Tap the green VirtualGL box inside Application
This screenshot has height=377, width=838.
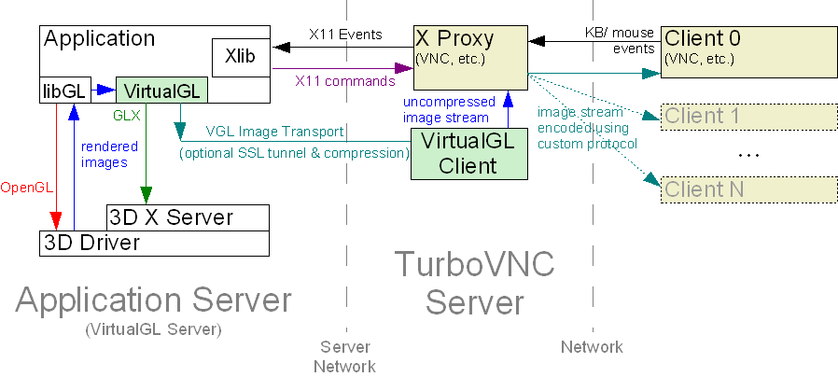point(161,91)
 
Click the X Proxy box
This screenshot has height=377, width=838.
point(470,52)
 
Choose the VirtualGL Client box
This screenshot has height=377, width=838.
point(470,152)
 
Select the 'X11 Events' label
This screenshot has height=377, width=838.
point(345,35)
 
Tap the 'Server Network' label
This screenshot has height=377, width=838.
point(344,356)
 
